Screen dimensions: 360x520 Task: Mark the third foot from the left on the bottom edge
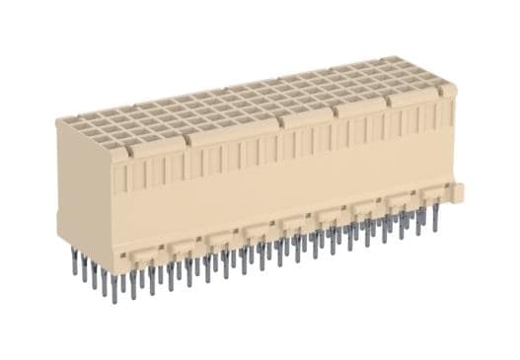coord(217,236)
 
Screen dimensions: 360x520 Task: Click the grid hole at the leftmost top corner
coord(66,122)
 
